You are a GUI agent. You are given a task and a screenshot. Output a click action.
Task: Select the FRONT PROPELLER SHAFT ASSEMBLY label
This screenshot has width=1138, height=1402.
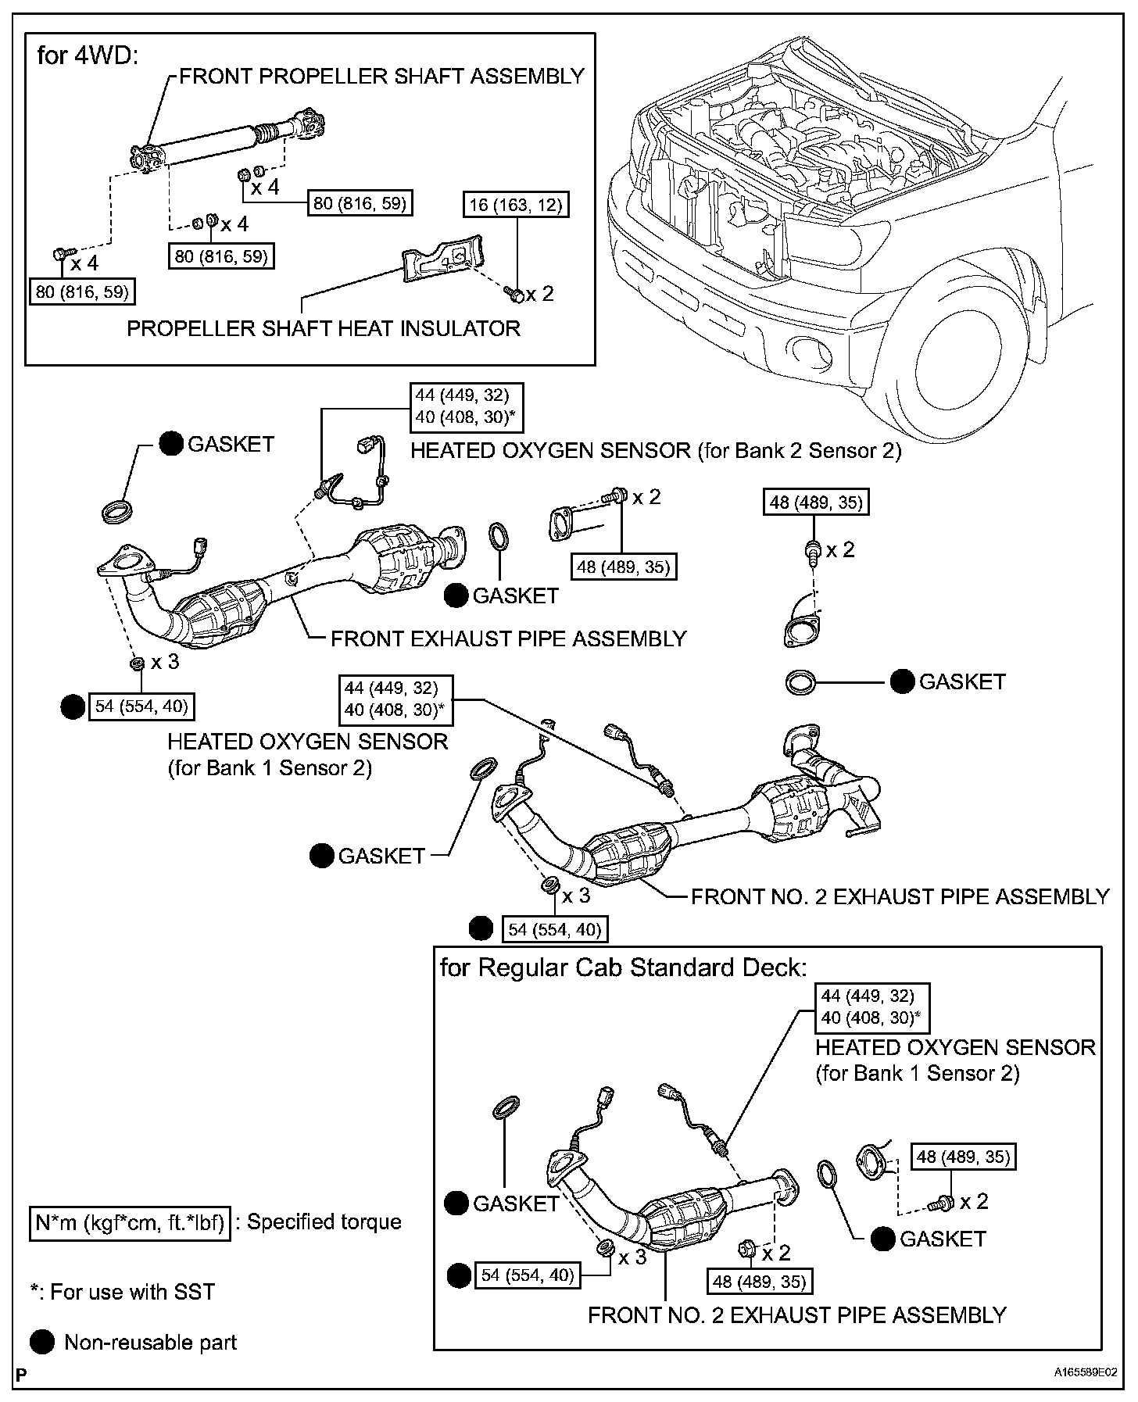(382, 76)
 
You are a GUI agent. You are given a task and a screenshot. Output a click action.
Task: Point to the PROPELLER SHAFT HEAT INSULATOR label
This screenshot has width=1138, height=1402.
(324, 328)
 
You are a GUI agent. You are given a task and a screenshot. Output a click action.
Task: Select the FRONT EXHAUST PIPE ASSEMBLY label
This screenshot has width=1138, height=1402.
(508, 638)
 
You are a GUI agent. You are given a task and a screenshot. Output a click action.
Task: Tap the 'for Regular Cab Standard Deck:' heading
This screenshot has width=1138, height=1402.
(623, 967)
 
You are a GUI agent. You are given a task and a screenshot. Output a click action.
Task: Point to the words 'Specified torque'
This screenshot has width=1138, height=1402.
(324, 1221)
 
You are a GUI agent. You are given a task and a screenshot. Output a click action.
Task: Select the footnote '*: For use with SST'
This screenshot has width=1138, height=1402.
(122, 1292)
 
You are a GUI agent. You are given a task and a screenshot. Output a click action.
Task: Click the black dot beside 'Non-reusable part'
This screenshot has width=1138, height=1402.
(42, 1343)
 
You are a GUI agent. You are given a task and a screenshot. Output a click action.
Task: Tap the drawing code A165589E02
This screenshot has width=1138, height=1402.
(1086, 1372)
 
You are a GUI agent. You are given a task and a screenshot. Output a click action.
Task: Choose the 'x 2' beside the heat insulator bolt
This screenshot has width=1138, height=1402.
(539, 294)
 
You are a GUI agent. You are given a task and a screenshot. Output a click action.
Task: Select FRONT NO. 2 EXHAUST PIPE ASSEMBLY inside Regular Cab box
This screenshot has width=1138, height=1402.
(797, 1315)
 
